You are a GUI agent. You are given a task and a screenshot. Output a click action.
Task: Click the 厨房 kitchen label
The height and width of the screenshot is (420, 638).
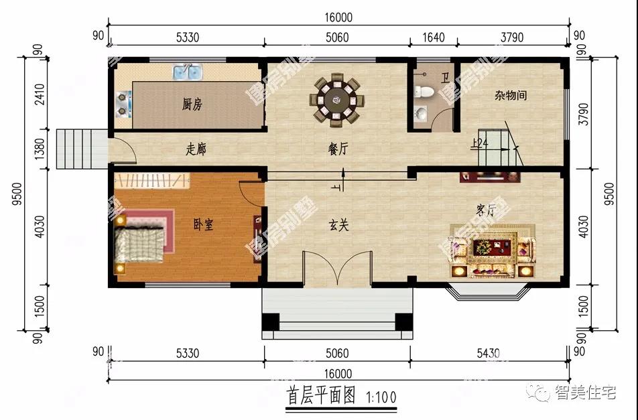coord(192,105)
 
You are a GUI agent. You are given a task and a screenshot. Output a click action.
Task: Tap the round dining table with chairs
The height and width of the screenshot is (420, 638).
coord(337,101)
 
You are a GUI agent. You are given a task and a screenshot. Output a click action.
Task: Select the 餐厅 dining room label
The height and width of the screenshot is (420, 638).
coord(338,150)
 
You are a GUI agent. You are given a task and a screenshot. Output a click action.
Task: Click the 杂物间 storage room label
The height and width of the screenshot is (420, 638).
coord(511,96)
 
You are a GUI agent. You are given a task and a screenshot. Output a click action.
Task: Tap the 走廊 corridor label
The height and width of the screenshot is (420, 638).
coord(196,150)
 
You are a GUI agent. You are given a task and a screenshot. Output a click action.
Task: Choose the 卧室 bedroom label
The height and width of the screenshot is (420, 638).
coord(202,225)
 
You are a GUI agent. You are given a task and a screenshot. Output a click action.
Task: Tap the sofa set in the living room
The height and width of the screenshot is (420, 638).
coord(492,255)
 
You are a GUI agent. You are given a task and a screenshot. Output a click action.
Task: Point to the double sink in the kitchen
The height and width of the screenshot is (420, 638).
coord(188,72)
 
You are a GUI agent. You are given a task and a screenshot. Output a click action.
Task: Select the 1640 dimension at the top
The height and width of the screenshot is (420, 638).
coord(433,38)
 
